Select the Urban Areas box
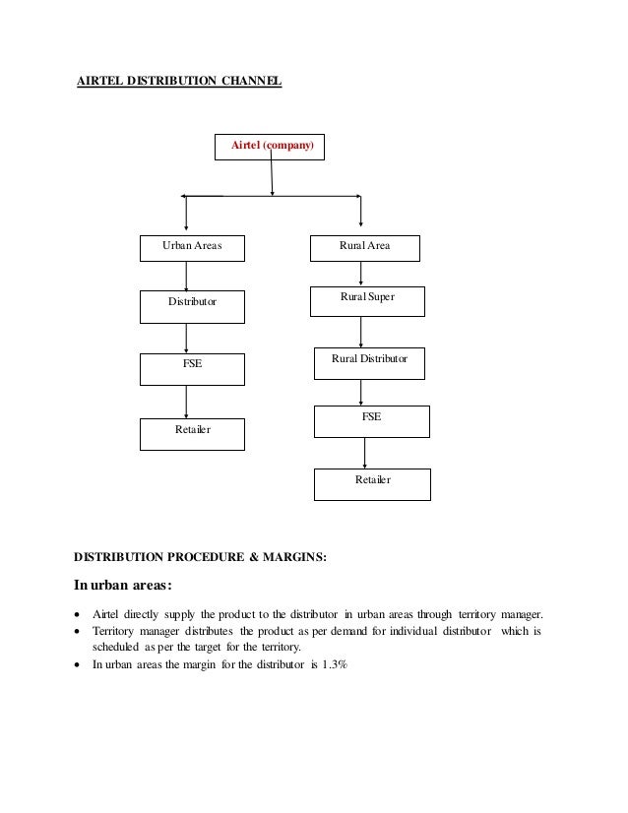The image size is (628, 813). [x=191, y=247]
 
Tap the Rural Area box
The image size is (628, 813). [x=364, y=247]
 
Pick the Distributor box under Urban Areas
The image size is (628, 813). [x=192, y=305]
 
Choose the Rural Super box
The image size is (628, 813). [x=367, y=300]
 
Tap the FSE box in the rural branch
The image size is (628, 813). [x=371, y=420]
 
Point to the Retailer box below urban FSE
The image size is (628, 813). [x=192, y=432]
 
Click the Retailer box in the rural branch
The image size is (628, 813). [x=372, y=482]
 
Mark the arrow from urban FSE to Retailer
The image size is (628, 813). [x=186, y=401]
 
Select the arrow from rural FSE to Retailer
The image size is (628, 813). [x=365, y=452]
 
